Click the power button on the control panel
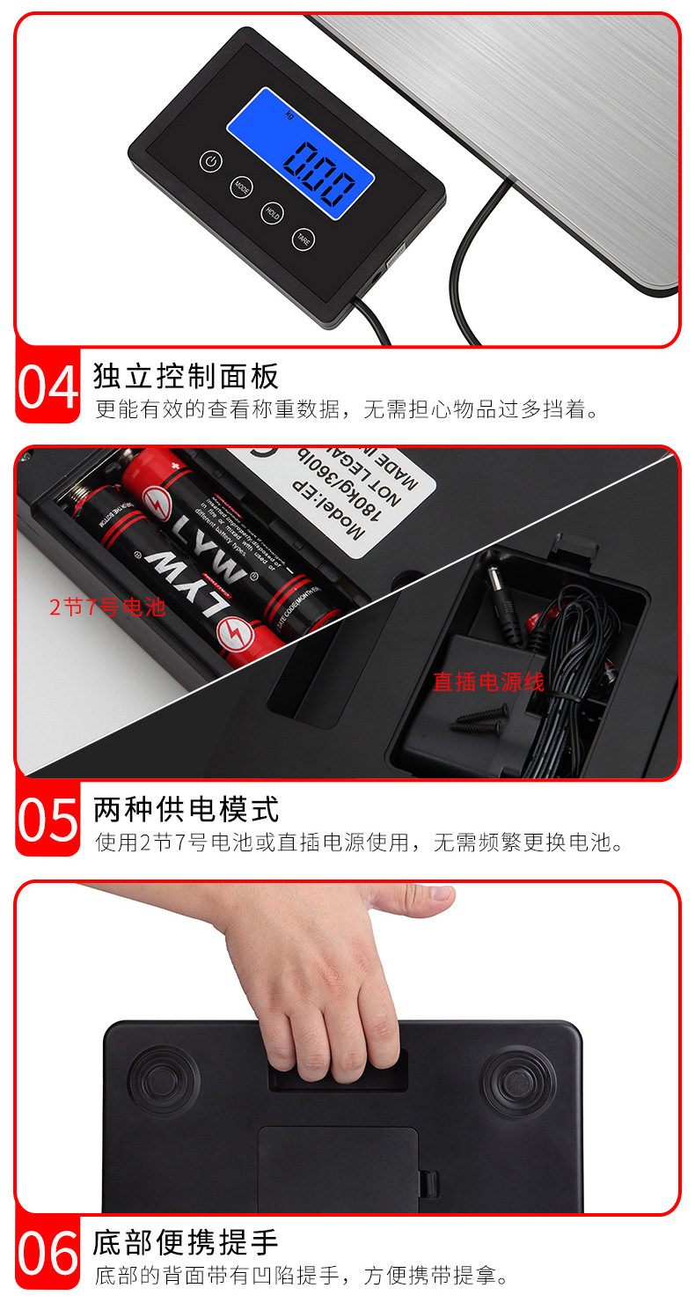[210, 161]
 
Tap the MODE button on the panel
[241, 187]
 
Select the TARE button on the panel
[303, 238]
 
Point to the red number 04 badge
[48, 386]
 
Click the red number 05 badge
[48, 819]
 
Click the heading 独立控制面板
[186, 376]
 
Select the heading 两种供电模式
[186, 808]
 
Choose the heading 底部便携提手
[186, 1242]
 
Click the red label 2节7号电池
[107, 607]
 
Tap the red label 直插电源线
[488, 681]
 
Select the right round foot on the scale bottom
[517, 1080]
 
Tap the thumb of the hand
[423, 899]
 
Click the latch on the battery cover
[427, 1182]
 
